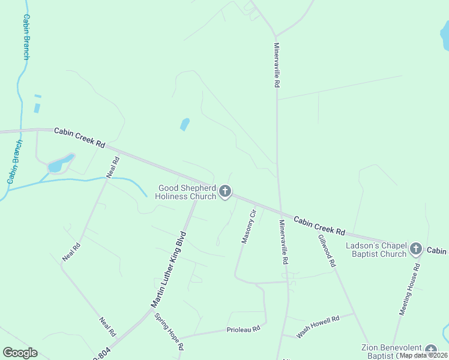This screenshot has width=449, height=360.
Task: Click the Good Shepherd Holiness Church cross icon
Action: [x=225, y=192]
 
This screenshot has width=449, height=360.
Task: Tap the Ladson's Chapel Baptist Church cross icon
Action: [x=415, y=249]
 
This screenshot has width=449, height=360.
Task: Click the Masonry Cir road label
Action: [x=249, y=226]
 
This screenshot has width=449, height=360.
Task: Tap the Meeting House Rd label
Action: [x=410, y=289]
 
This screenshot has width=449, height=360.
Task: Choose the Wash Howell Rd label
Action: [x=318, y=326]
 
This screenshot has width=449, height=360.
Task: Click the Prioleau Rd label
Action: [x=243, y=329]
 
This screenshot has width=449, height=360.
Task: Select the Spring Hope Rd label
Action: [x=169, y=331]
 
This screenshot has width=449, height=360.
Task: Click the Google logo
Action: [x=20, y=353]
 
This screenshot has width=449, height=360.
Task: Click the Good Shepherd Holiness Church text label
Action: [x=186, y=192]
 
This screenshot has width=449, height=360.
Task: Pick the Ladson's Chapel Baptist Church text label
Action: [x=376, y=250]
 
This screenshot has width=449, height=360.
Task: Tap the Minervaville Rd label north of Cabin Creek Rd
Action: [x=276, y=65]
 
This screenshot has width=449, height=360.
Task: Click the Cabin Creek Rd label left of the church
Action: [x=80, y=137]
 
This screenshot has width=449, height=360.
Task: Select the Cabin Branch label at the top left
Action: [x=26, y=37]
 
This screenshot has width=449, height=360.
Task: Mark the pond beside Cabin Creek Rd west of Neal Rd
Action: [x=60, y=163]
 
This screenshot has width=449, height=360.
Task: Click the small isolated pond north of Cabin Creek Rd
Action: [x=185, y=124]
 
